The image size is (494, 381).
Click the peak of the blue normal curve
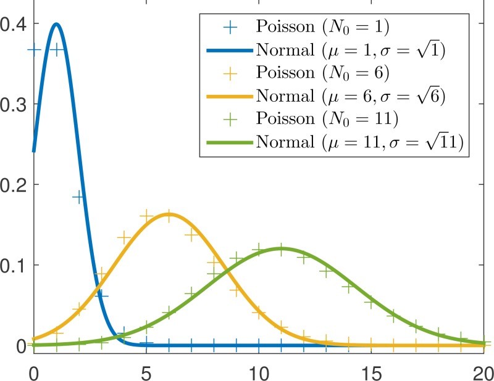pyautogui.click(x=56, y=25)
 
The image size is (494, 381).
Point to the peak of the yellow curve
pyautogui.click(x=169, y=215)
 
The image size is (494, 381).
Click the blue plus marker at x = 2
pyautogui.click(x=78, y=197)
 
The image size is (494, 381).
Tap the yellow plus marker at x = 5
pyautogui.click(x=146, y=216)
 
